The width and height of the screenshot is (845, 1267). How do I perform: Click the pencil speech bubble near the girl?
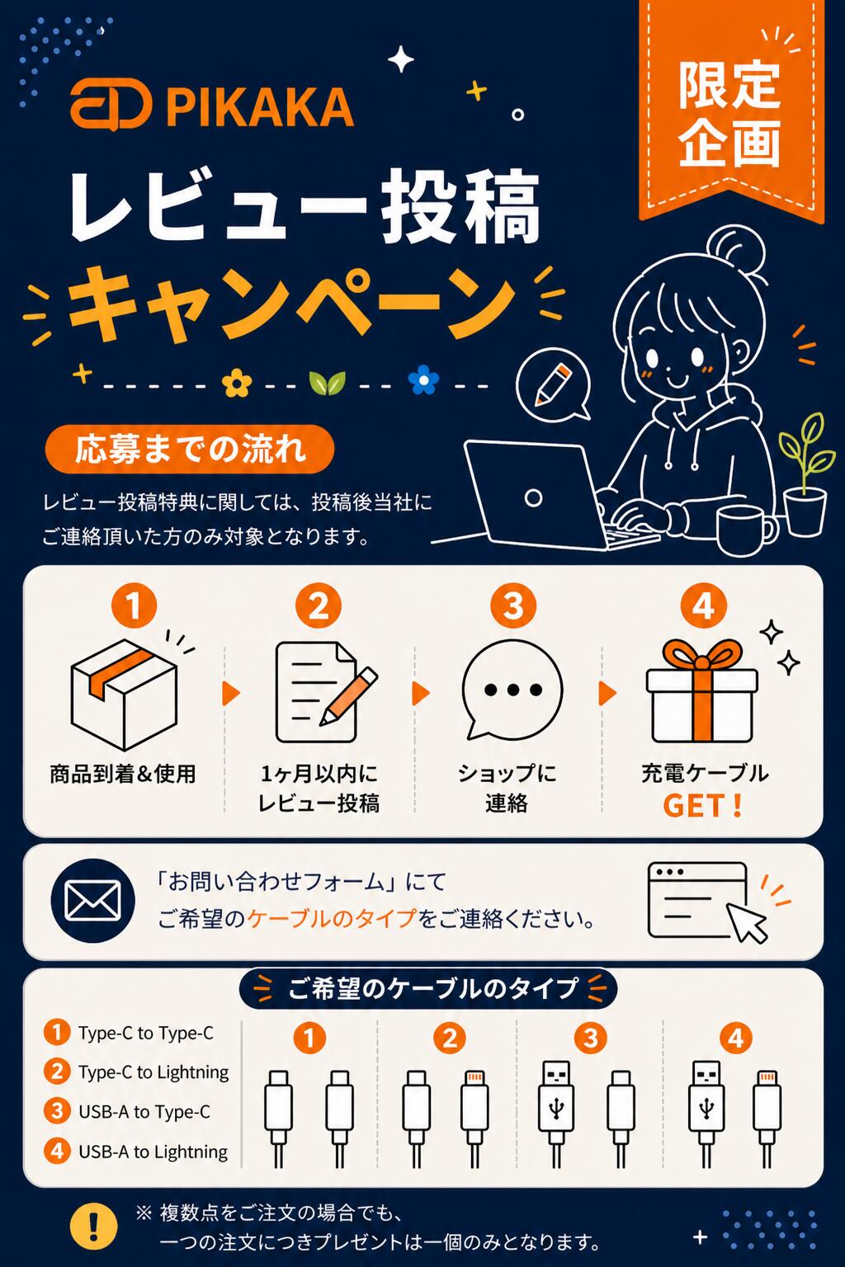click(x=554, y=384)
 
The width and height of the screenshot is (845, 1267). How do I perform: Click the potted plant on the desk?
click(x=806, y=475)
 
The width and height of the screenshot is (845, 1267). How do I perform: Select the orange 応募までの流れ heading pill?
click(x=190, y=449)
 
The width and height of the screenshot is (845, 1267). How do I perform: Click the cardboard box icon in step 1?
click(x=125, y=694)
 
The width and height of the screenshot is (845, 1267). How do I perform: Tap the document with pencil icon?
click(x=325, y=692)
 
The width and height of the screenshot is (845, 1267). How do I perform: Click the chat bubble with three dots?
click(x=512, y=690)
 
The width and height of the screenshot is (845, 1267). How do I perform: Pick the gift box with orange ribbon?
click(x=701, y=691)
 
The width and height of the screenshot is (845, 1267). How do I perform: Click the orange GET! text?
click(x=701, y=805)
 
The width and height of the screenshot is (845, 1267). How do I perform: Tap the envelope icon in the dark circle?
click(x=93, y=900)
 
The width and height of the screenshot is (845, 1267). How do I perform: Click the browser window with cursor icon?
click(x=707, y=902)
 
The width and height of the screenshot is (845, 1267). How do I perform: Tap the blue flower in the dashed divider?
click(x=423, y=379)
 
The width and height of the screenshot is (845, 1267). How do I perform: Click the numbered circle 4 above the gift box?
click(x=704, y=605)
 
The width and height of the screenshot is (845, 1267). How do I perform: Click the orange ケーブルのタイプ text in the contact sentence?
click(x=333, y=918)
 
